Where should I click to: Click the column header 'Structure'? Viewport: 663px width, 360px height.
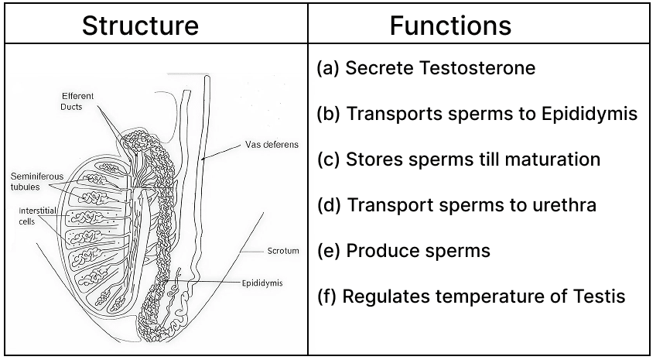tap(140, 25)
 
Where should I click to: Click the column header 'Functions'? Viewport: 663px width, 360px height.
tap(450, 25)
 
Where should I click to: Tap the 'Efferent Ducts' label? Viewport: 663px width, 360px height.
tap(78, 101)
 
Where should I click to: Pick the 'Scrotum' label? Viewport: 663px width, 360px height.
tap(282, 251)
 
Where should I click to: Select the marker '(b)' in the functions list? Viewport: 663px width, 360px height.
tap(330, 114)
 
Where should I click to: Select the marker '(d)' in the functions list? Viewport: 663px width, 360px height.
tap(330, 206)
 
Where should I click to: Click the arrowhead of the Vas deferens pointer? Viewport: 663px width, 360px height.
tap(201, 159)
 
